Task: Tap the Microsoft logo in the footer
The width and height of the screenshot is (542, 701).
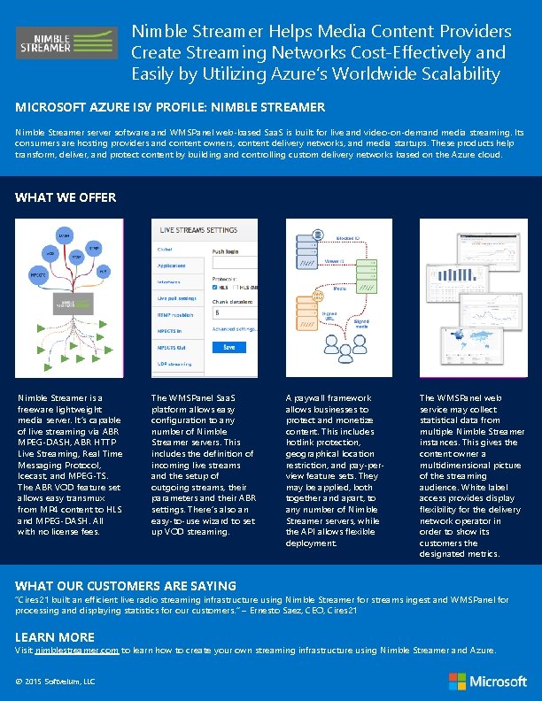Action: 488,681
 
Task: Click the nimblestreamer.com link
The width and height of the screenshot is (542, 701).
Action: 77,650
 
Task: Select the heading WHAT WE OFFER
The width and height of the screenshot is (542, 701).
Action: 66,197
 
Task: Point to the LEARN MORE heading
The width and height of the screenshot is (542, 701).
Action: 55,636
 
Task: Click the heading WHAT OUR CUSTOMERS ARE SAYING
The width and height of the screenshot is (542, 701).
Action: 126,585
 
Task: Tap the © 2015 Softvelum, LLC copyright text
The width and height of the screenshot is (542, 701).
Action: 55,681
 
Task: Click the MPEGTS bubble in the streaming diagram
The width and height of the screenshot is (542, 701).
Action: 38,274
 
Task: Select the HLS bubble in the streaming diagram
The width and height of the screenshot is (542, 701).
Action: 104,270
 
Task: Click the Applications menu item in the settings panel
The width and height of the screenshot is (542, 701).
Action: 171,266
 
